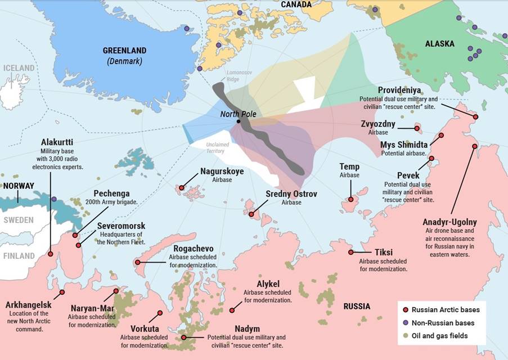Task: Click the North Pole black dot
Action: pyautogui.click(x=239, y=121)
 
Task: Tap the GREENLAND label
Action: pyautogui.click(x=124, y=50)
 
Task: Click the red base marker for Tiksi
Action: pyautogui.click(x=351, y=253)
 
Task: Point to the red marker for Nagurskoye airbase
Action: pyautogui.click(x=182, y=188)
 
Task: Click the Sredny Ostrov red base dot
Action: pyautogui.click(x=251, y=214)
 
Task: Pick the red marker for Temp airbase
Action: pyautogui.click(x=350, y=199)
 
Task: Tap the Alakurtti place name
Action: pyautogui.click(x=57, y=142)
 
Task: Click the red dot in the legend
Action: pyautogui.click(x=405, y=310)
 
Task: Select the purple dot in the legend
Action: pyautogui.click(x=405, y=323)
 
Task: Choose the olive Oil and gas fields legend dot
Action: pyautogui.click(x=405, y=336)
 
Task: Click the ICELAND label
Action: pyautogui.click(x=19, y=68)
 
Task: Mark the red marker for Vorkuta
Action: pyautogui.click(x=160, y=313)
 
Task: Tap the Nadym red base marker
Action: pyautogui.click(x=183, y=337)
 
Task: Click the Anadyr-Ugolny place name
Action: pyautogui.click(x=449, y=222)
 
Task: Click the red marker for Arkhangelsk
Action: pyautogui.click(x=62, y=292)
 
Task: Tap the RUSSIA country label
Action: pyautogui.click(x=357, y=307)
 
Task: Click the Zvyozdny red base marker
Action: pyautogui.click(x=417, y=128)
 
